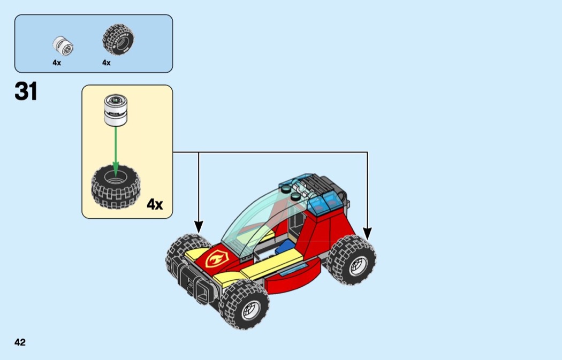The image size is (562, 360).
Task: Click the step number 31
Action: point(26,92)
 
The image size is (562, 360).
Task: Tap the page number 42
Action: point(20,342)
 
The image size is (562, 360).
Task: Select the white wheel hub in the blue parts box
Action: point(63,45)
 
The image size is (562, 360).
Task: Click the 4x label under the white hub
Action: point(57,63)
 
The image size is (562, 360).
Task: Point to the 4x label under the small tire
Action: point(106,63)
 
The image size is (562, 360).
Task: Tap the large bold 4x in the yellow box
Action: point(155,204)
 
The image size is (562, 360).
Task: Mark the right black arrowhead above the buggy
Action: point(367,233)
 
